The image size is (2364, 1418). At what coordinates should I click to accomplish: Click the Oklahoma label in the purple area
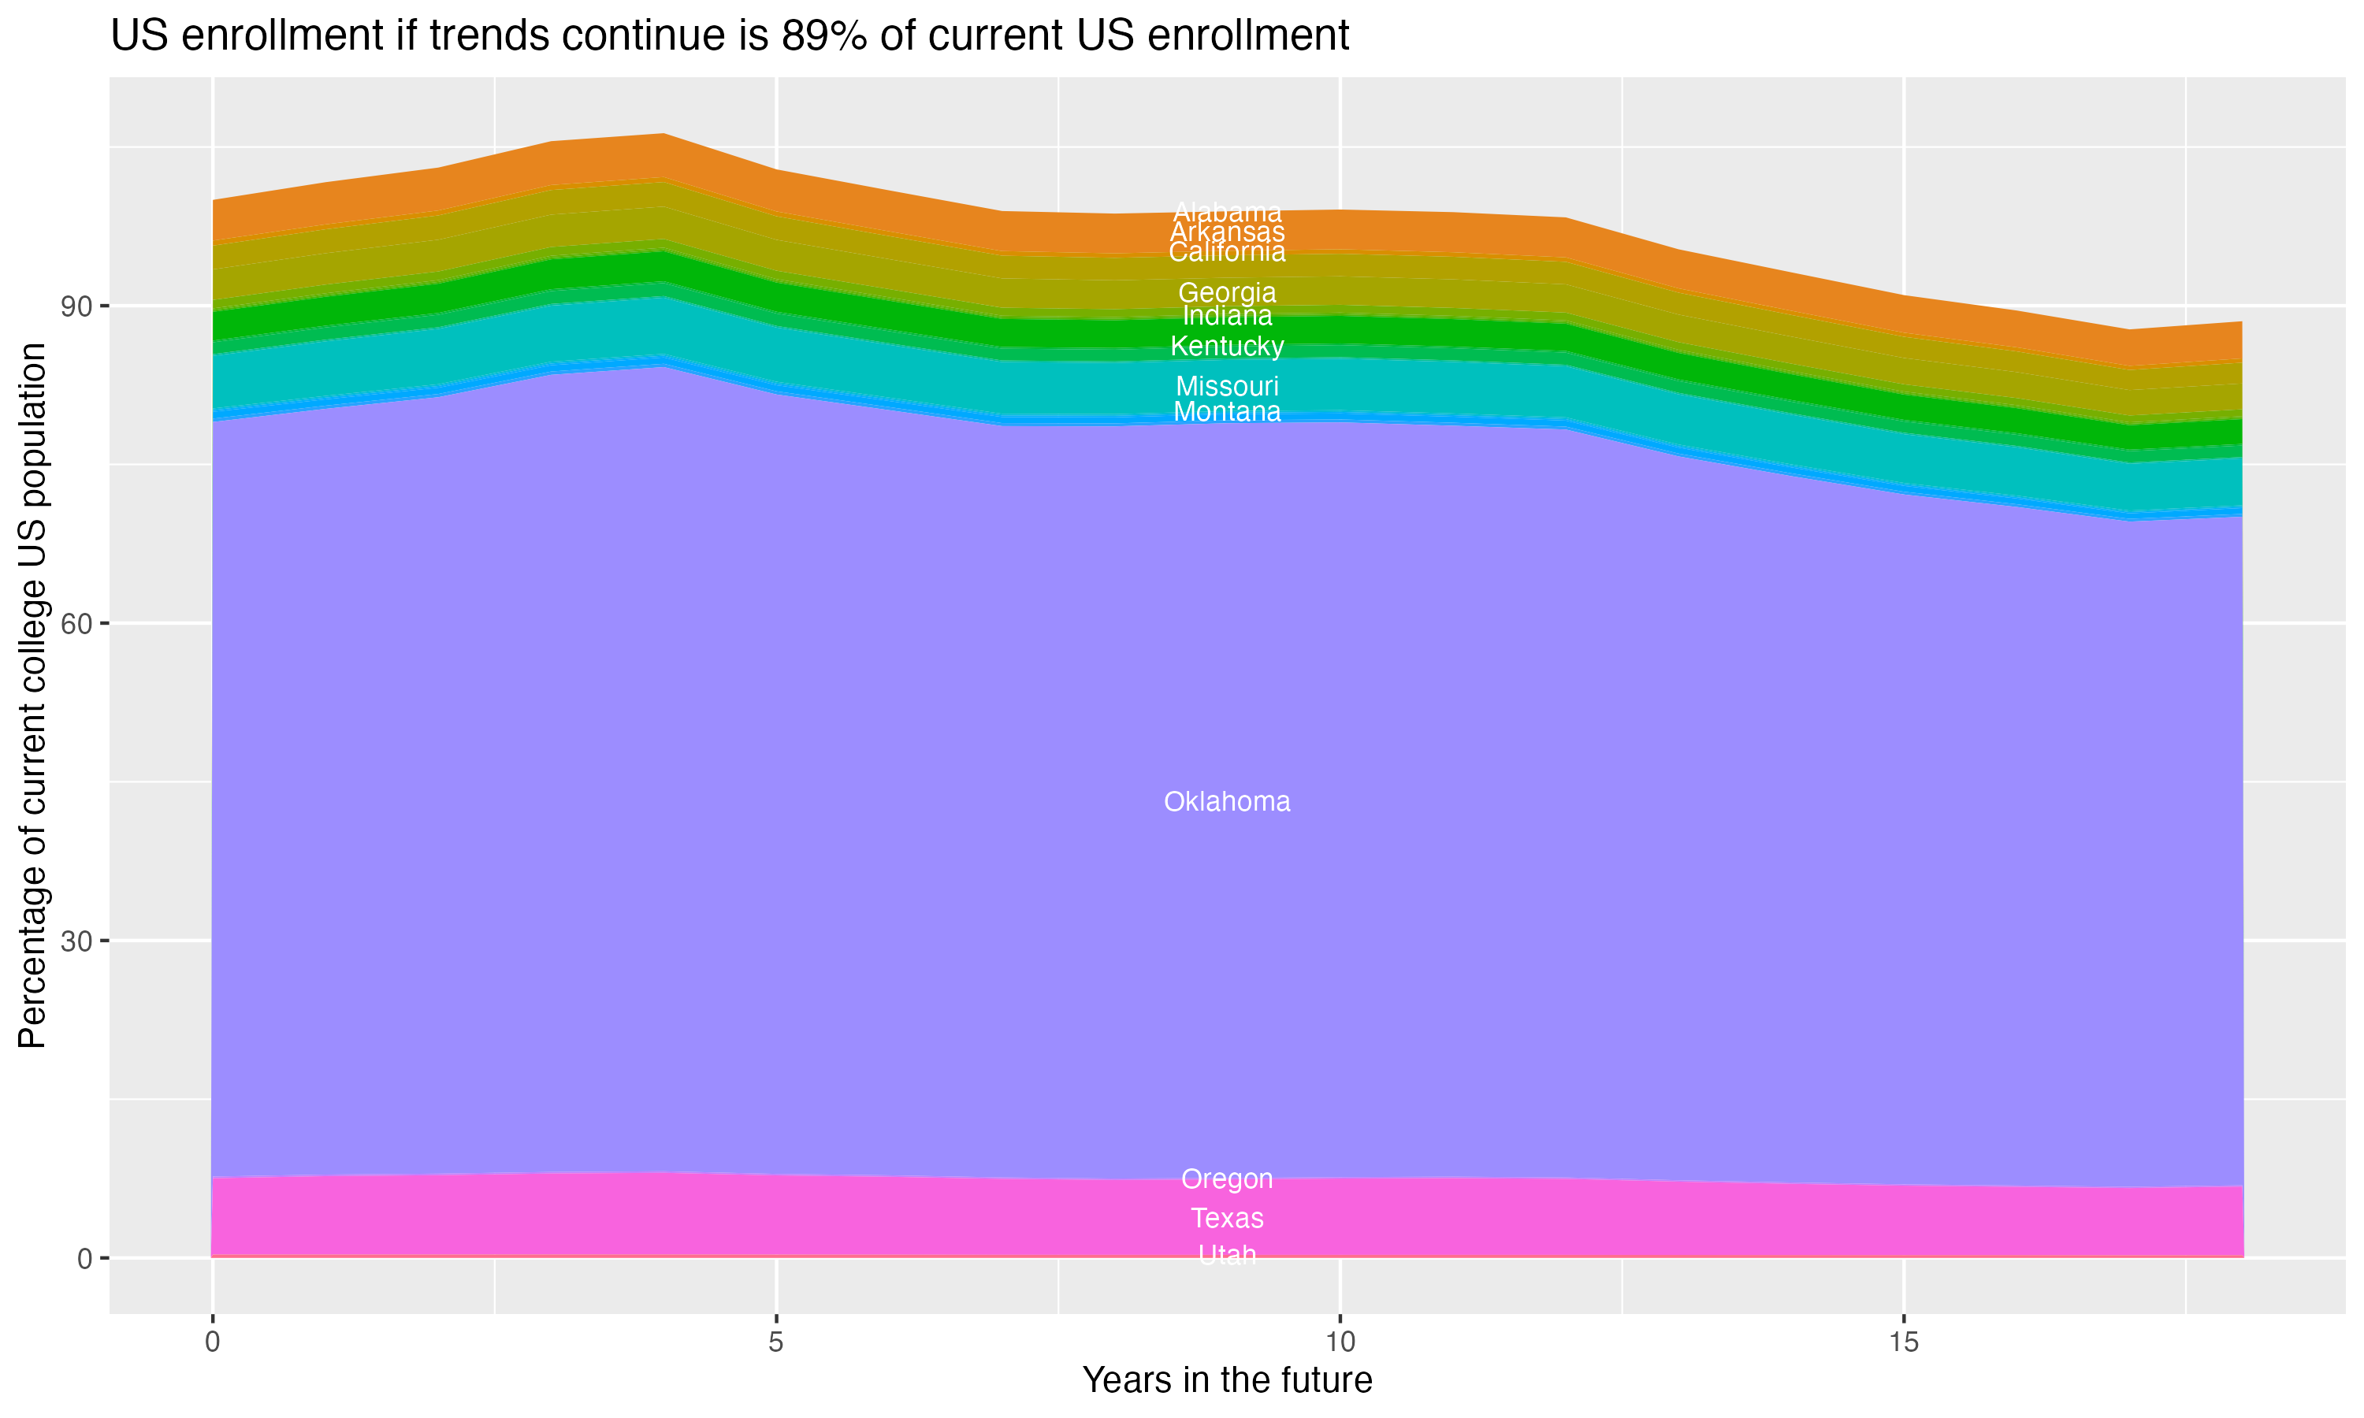coord(1227,802)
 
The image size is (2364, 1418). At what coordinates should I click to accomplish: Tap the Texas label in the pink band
coord(1227,1218)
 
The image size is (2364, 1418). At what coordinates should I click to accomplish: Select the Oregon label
coord(1227,1179)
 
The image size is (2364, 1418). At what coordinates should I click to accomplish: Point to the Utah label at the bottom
coord(1227,1255)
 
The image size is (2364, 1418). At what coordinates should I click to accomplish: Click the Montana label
coord(1227,412)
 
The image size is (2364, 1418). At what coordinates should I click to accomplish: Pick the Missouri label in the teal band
coord(1227,386)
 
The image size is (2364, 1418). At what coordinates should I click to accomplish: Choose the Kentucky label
coord(1227,346)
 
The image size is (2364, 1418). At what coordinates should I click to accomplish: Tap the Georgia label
coord(1227,292)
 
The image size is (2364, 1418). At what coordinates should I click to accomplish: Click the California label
coord(1227,252)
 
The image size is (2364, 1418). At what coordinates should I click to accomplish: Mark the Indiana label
coord(1227,315)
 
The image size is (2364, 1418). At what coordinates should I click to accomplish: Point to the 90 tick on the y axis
coord(76,306)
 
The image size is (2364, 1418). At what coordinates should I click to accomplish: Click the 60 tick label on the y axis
coord(76,624)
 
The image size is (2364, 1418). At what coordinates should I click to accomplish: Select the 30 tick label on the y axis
coord(76,941)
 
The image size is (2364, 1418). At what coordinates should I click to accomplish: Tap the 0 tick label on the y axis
coord(85,1258)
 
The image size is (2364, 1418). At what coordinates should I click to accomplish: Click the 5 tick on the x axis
coord(776,1342)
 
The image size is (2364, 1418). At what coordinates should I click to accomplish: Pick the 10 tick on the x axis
coord(1340,1342)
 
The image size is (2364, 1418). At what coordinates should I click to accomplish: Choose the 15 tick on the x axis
coord(1904,1342)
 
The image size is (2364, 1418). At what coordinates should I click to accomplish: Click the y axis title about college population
coord(32,696)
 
